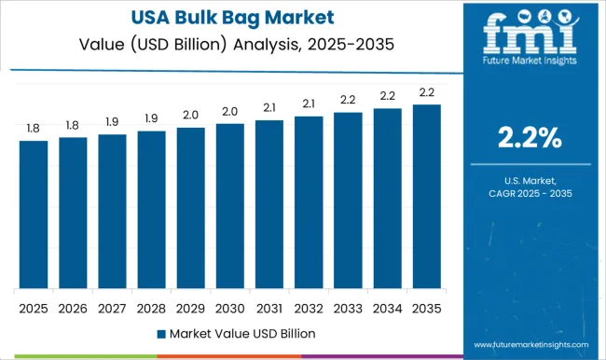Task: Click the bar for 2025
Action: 34,215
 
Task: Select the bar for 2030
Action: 229,206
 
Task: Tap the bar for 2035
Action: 426,197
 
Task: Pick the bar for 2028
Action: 151,210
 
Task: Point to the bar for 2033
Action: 348,201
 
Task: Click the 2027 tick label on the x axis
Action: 112,306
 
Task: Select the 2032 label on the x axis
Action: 309,306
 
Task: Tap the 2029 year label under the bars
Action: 190,306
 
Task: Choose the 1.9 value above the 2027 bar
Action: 112,122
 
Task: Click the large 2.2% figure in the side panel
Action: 528,139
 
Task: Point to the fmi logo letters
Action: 528,37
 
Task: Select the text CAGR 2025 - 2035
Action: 528,192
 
